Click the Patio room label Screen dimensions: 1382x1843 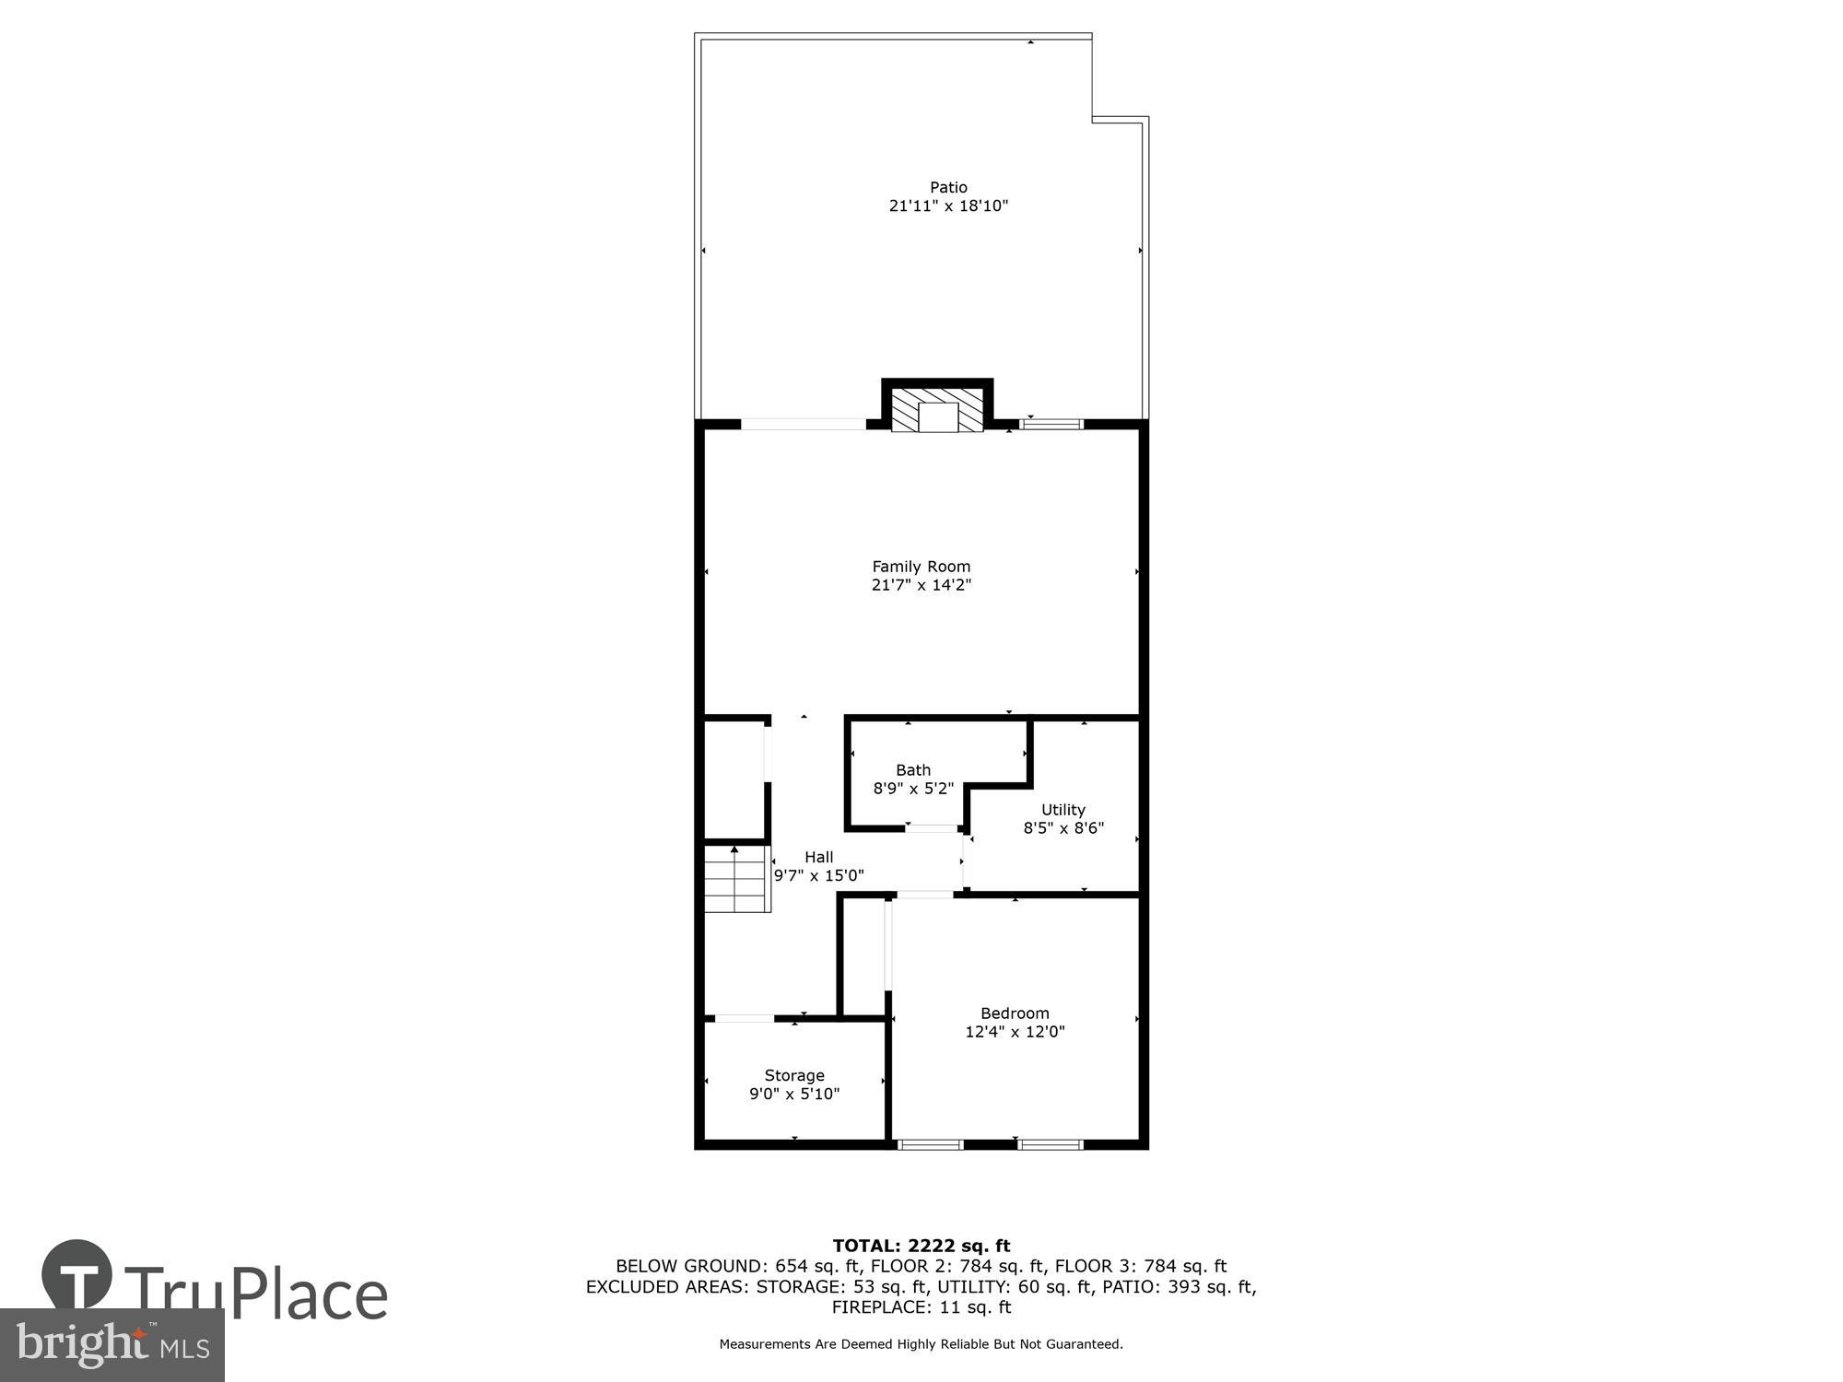[948, 187]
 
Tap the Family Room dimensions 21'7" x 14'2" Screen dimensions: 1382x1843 [921, 585]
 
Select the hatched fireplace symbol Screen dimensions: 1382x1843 [938, 410]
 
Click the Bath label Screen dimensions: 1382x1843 [913, 770]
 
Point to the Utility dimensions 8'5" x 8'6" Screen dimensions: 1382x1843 [1063, 828]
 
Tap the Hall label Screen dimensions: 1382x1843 [818, 857]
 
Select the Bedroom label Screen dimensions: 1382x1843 [1015, 1013]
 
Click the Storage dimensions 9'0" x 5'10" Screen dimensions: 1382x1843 [794, 1095]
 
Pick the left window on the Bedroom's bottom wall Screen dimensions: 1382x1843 [931, 1144]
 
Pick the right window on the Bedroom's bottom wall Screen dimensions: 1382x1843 [1050, 1144]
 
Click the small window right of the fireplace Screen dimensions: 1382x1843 [1051, 425]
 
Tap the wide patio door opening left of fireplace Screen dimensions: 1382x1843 [803, 425]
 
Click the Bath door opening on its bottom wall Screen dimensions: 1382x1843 [932, 828]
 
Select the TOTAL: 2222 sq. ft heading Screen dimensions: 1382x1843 [921, 1247]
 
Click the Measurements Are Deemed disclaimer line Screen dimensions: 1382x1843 [921, 1344]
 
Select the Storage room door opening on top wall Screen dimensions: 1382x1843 [745, 1018]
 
